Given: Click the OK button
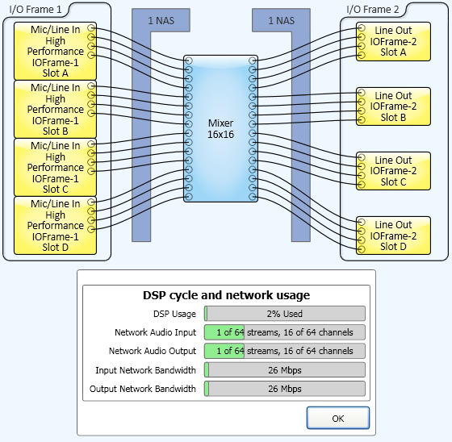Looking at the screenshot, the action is pos(338,418).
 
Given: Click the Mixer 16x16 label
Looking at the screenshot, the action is pos(220,129).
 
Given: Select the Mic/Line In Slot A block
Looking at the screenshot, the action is pos(55,51).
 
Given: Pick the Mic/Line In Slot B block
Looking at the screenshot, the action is pos(55,109).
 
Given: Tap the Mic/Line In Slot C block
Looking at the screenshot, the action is pos(55,168).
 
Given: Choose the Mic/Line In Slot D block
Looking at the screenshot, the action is pos(55,226).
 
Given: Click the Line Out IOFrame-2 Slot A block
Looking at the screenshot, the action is pos(394,41).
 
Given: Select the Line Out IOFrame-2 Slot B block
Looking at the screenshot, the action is pos(394,106).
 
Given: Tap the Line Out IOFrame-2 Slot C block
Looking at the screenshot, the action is pos(394,171).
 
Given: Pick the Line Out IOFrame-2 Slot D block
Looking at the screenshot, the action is pos(394,236).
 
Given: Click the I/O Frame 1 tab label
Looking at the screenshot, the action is pos(36,10).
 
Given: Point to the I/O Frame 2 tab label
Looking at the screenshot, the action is pos(373,10).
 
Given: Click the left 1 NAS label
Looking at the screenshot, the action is pos(161,20).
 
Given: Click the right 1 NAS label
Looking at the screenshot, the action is pos(282,20).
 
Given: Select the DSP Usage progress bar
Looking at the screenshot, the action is pos(285,314).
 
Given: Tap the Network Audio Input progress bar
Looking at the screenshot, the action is pos(285,332).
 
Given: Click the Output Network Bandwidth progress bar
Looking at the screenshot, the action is pos(285,389).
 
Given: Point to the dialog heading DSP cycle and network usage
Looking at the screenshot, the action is pos(226,295).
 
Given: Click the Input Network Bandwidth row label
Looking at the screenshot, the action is pos(145,370).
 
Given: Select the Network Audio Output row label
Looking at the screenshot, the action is pos(153,351).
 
